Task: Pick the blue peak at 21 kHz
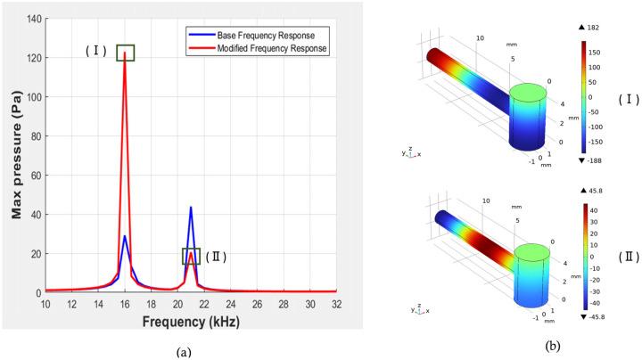pos(191,208)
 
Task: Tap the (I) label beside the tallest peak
pos(96,51)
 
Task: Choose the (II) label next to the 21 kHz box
pos(217,257)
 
